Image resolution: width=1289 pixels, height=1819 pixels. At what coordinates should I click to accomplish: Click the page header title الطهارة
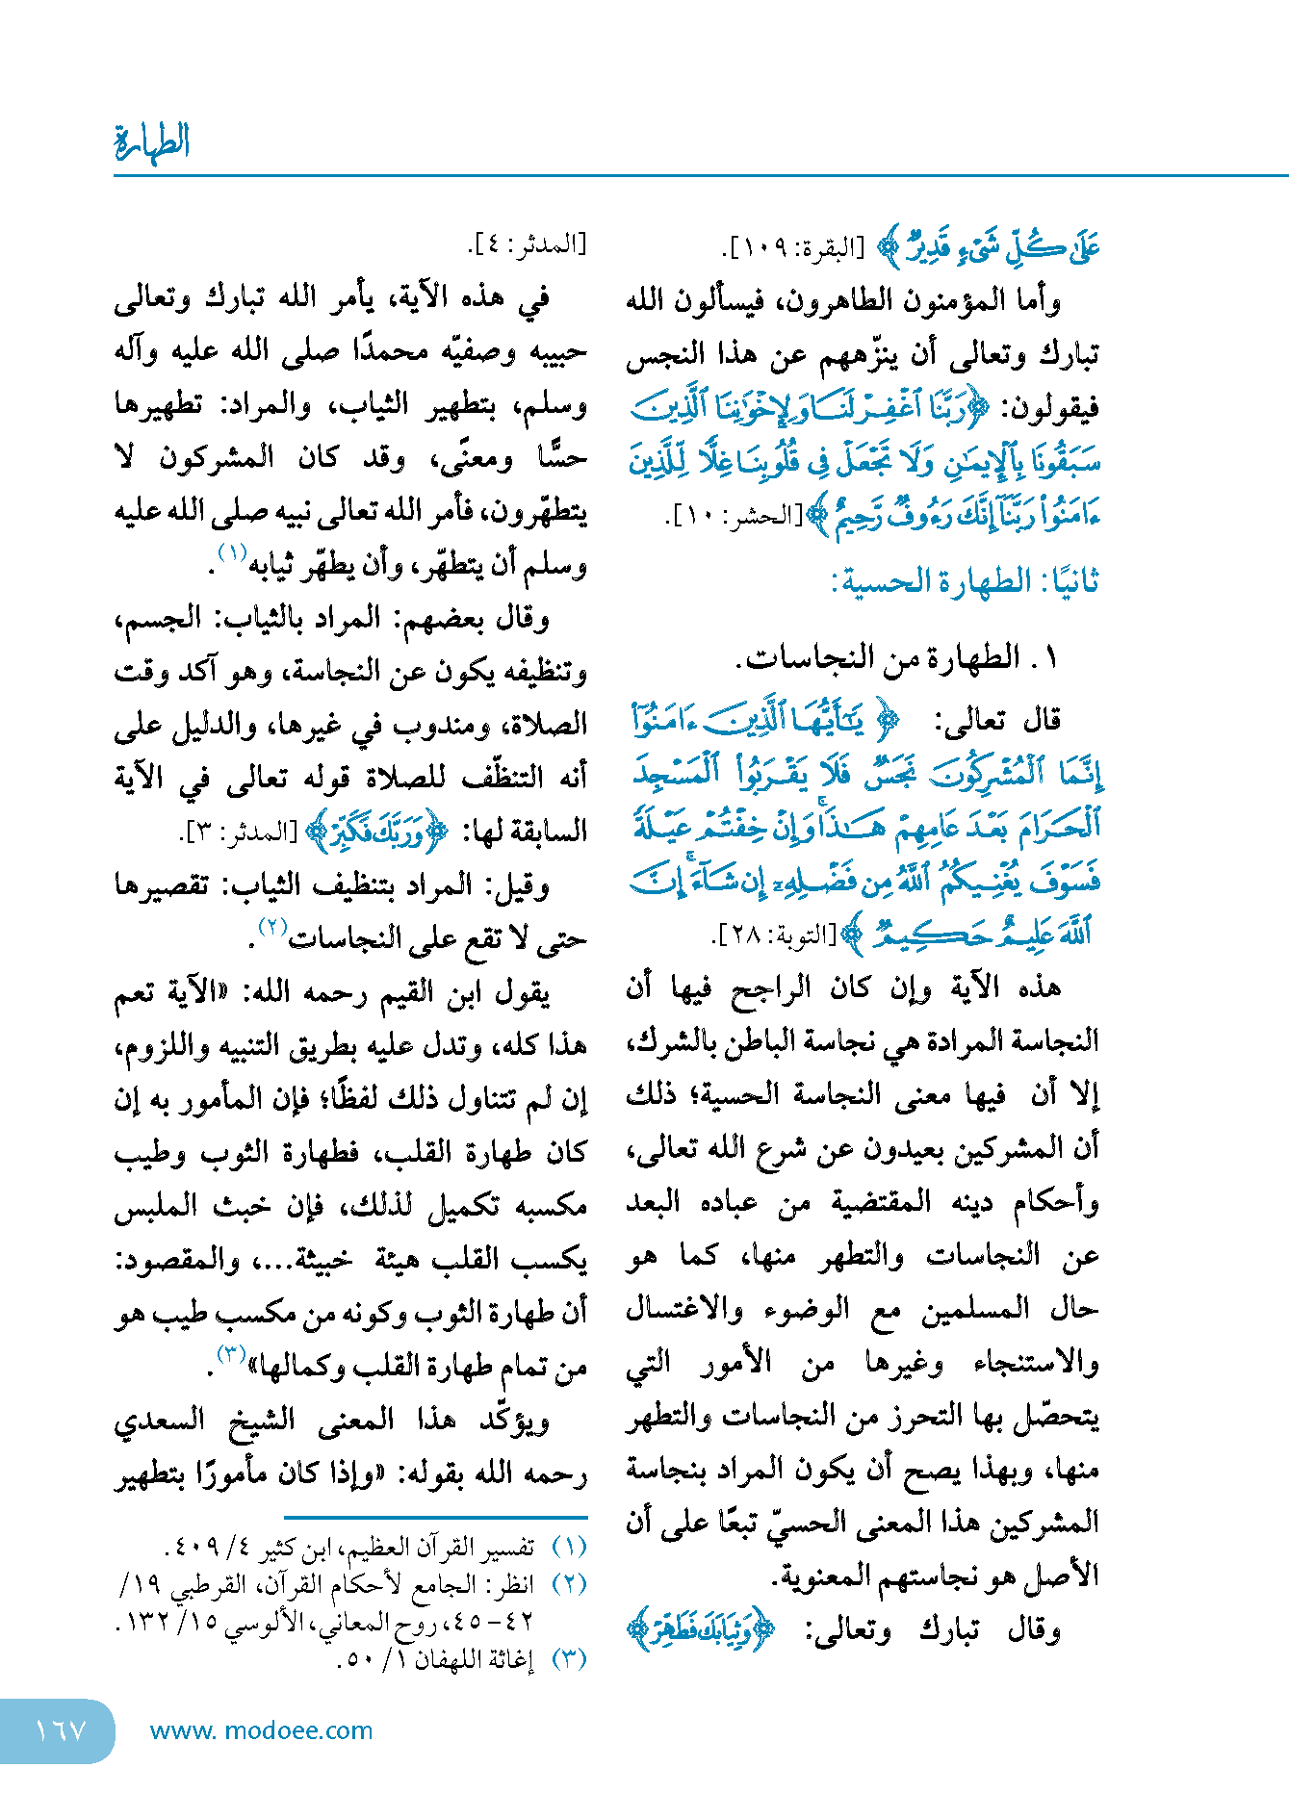[x=152, y=142]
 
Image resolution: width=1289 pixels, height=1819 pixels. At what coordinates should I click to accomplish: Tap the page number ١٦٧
[x=60, y=1731]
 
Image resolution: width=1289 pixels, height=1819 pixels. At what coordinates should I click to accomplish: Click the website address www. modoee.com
[x=261, y=1730]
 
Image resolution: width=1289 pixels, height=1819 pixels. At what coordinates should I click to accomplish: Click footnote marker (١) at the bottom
[x=569, y=1548]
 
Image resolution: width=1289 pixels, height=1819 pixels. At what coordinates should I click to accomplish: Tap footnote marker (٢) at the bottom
[x=569, y=1584]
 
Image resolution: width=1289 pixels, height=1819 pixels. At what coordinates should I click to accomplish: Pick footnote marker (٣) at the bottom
[x=569, y=1659]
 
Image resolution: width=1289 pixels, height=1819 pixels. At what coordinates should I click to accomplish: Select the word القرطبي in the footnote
[x=212, y=1584]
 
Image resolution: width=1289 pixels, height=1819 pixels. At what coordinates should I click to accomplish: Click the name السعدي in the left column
[x=160, y=1421]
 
